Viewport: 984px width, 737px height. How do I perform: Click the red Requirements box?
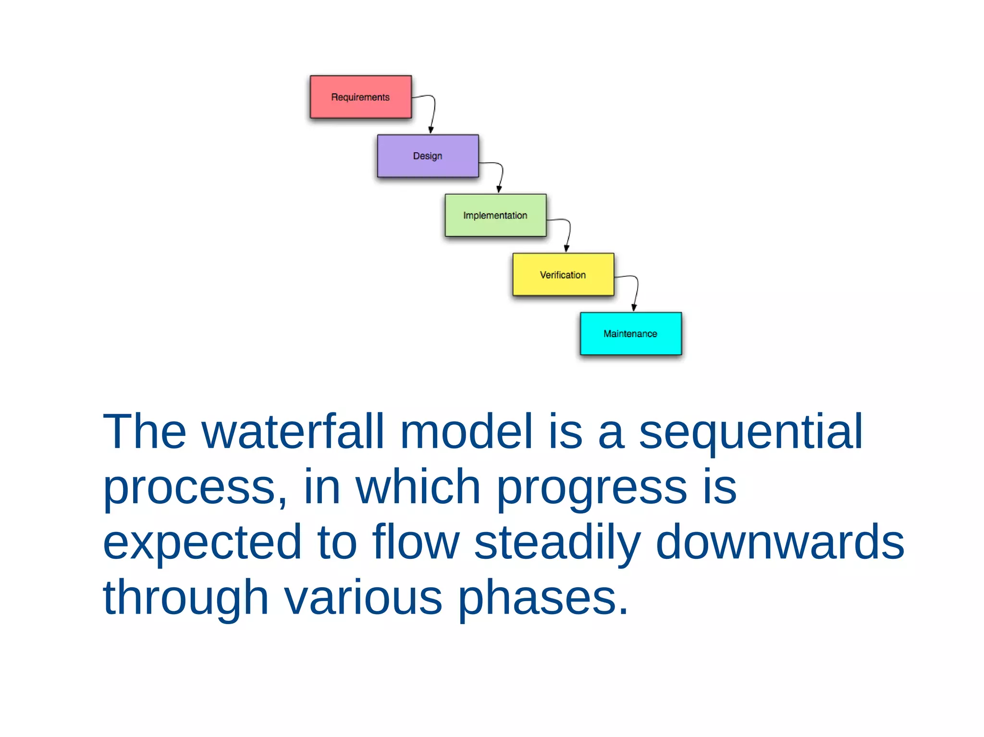coord(360,97)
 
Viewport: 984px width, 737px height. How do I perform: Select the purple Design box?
coord(428,156)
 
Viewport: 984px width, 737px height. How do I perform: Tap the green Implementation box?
coord(495,215)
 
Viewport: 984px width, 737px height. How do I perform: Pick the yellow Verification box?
coord(563,275)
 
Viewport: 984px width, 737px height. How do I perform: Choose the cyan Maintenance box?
coord(630,334)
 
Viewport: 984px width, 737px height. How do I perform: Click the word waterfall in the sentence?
coord(293,432)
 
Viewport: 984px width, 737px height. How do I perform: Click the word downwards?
coord(780,543)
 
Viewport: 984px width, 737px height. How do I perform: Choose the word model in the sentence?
coord(466,432)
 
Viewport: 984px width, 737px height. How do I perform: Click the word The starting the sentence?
coord(144,432)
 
